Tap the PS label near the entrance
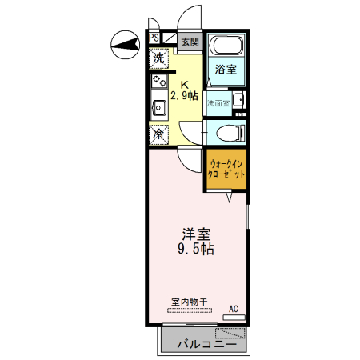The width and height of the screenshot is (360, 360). click(x=154, y=37)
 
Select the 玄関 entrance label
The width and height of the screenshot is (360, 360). click(x=190, y=42)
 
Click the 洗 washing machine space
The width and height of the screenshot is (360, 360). click(x=158, y=58)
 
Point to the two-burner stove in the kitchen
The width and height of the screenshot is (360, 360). click(x=158, y=82)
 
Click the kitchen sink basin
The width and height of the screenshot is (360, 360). click(x=158, y=106)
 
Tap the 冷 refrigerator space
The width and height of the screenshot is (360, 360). click(x=158, y=134)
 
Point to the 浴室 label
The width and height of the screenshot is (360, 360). click(x=225, y=70)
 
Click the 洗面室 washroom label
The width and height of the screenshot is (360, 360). click(x=218, y=103)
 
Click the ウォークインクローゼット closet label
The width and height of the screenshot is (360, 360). click(x=226, y=169)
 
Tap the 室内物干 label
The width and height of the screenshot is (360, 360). click(x=190, y=301)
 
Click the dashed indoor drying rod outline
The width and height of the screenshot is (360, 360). click(x=190, y=310)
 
